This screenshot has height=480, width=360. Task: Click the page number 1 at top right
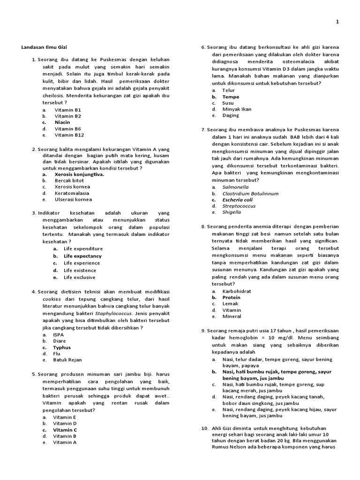pos(337,22)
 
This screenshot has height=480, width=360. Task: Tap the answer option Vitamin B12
pos(69,135)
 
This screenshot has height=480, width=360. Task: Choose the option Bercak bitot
pos(69,180)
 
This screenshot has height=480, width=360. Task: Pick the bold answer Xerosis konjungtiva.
pos(79,174)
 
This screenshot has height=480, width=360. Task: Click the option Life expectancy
pos(82,256)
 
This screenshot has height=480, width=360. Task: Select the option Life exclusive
pos(79,277)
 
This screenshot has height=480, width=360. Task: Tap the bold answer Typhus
pos(62,348)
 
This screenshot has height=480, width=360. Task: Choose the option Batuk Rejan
pos(67,360)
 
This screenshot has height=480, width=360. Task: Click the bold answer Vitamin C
pos(65,429)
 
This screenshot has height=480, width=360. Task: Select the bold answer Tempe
pos(231,97)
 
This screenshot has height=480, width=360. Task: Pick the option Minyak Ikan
pos(237,109)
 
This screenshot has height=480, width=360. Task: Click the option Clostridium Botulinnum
pos(250,193)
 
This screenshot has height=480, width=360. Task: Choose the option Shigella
pos(232,212)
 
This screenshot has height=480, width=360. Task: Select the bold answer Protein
pos(231,297)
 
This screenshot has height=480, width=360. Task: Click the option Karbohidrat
pos(236,291)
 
